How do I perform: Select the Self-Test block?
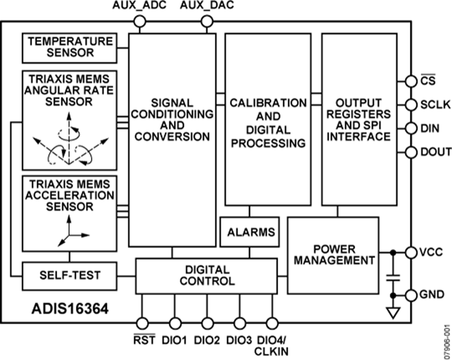[70, 275]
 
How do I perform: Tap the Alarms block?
[251, 232]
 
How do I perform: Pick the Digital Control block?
[206, 275]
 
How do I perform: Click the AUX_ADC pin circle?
[140, 21]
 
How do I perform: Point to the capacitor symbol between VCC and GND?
[394, 276]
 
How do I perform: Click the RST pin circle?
[143, 322]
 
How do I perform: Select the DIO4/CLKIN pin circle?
[272, 322]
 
